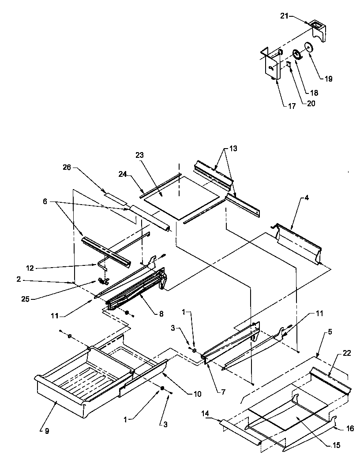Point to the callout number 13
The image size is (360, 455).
pos(232,149)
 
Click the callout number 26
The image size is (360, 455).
pos(66,168)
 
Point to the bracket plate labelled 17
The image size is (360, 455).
pos(270,66)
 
